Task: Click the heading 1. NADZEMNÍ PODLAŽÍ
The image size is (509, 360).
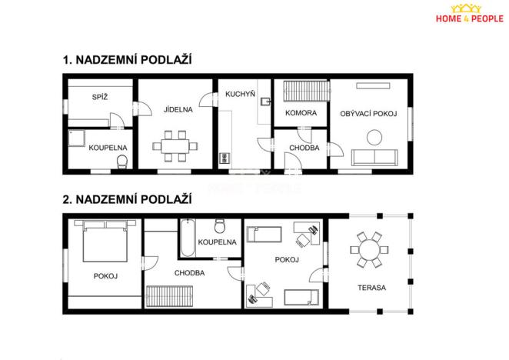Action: (126, 59)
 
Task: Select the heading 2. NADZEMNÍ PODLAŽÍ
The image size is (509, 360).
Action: (126, 198)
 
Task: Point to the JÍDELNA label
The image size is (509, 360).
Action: (178, 109)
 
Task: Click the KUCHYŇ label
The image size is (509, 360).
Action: (240, 95)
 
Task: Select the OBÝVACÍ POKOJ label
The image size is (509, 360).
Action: (368, 113)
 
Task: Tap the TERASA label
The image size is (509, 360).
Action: (371, 288)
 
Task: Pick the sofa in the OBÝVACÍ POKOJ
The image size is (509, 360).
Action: (374, 158)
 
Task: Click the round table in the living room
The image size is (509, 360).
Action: (374, 137)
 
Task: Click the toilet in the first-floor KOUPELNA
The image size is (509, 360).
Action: (121, 161)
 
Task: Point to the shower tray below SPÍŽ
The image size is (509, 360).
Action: (78, 138)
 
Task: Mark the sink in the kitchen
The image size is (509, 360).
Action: (264, 102)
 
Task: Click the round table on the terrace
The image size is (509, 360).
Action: (368, 250)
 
